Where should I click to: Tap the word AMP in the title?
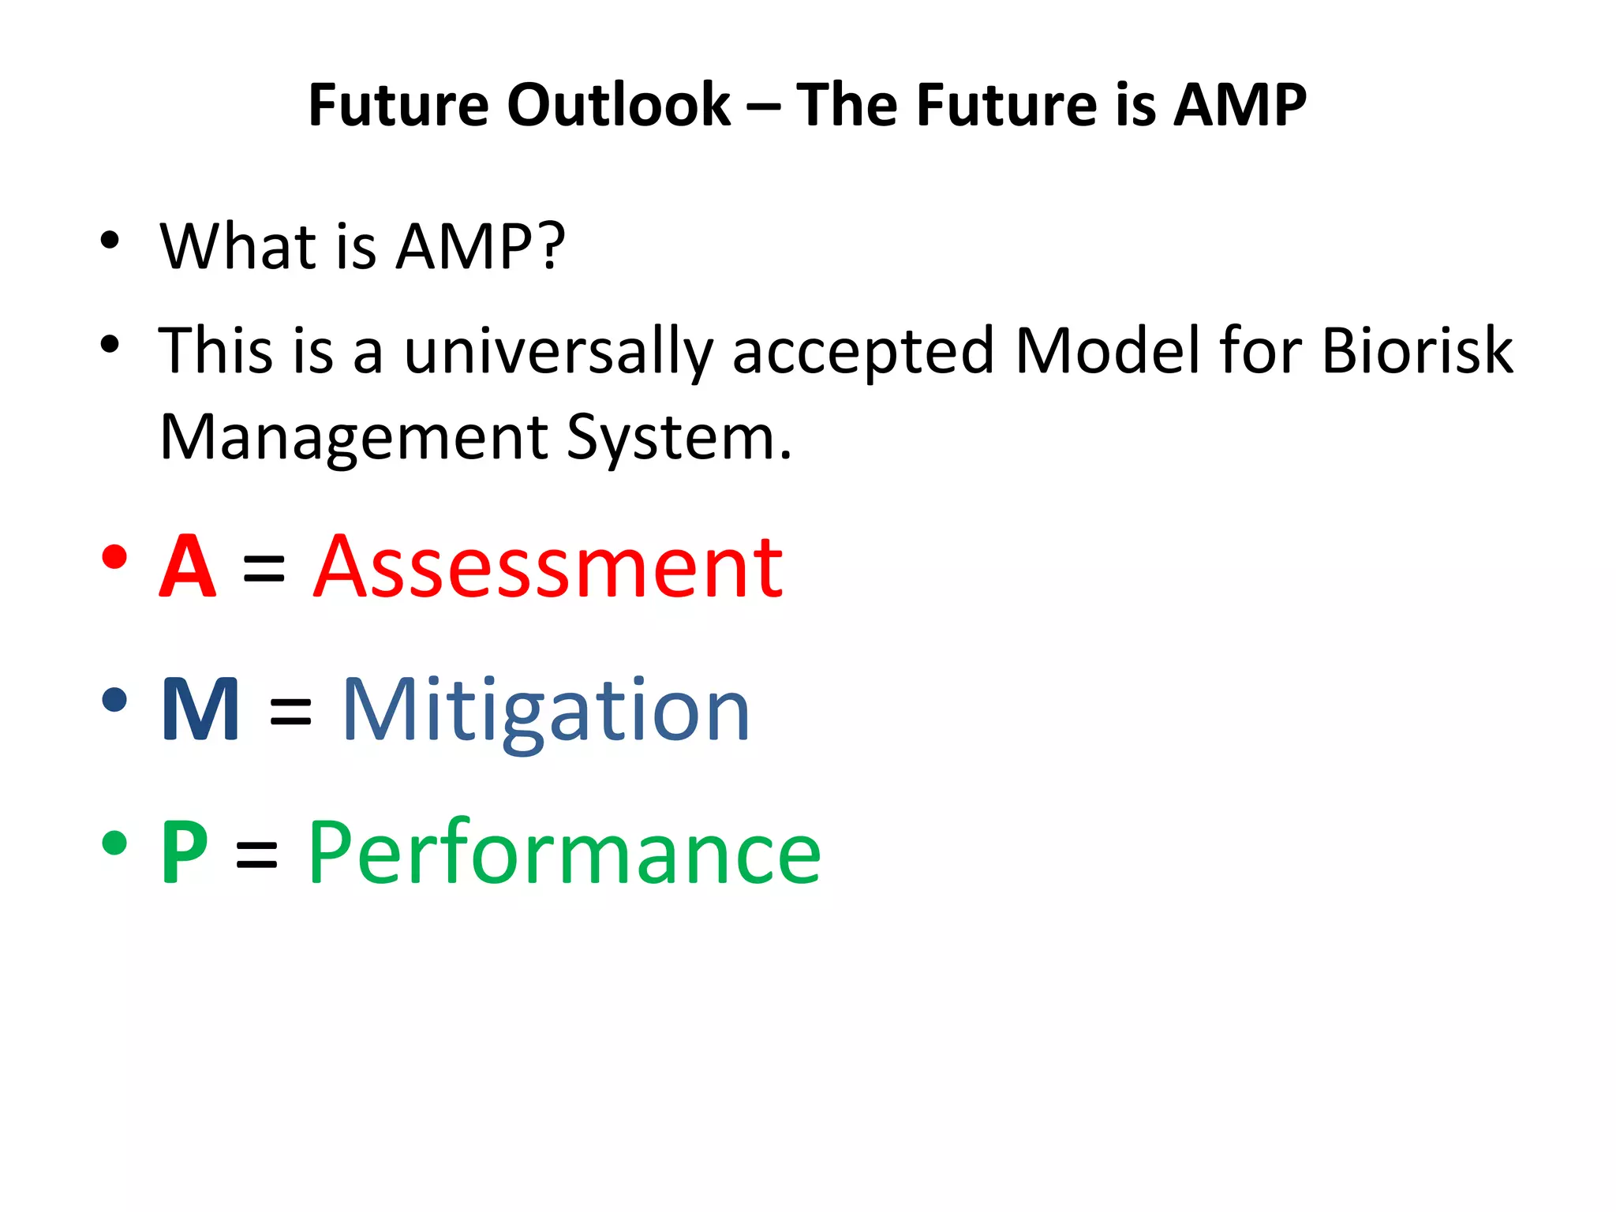click(x=1240, y=105)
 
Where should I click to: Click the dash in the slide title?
click(x=762, y=107)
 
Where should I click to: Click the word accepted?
click(x=862, y=352)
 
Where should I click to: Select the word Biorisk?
click(x=1416, y=350)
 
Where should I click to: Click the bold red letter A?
click(x=188, y=567)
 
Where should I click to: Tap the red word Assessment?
click(x=548, y=567)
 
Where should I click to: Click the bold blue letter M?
click(x=200, y=709)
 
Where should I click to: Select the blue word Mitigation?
click(x=545, y=711)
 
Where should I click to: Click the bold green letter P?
click(x=185, y=853)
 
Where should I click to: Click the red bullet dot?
click(x=114, y=557)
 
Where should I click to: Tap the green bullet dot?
click(x=114, y=843)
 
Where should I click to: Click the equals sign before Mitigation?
click(x=290, y=713)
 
